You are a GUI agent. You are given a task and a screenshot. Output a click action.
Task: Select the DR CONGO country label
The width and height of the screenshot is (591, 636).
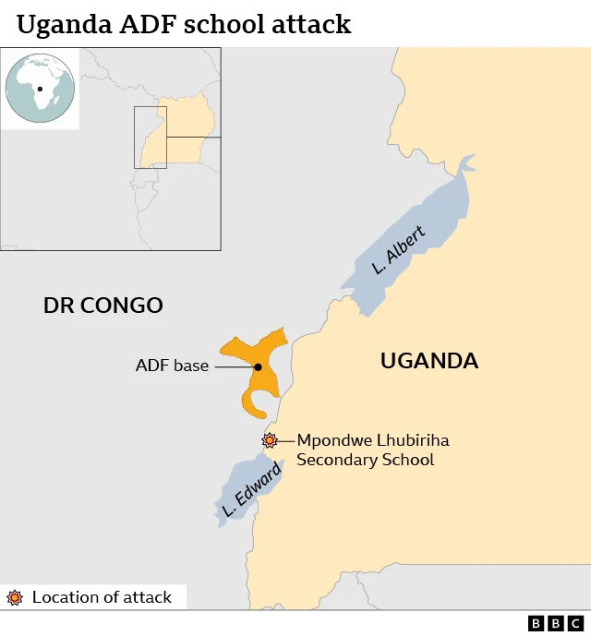[103, 306]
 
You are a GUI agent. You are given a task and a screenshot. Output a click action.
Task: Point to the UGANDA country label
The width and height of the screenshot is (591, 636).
[429, 361]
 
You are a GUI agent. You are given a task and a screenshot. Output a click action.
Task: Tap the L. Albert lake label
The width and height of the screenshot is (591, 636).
[399, 251]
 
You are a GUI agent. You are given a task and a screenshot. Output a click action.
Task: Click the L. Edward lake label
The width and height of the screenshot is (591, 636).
[251, 491]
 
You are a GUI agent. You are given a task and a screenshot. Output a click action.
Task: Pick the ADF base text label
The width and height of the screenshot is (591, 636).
[172, 366]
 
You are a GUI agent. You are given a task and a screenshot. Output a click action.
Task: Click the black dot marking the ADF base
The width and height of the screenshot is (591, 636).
[259, 367]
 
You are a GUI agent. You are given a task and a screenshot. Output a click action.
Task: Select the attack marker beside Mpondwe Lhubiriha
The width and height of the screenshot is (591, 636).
[270, 440]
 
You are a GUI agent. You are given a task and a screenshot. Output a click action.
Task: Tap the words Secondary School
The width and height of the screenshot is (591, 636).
[365, 460]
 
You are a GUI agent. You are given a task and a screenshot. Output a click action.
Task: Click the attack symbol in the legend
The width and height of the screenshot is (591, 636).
[15, 597]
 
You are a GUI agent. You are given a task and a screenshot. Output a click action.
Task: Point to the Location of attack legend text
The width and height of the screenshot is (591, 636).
[102, 597]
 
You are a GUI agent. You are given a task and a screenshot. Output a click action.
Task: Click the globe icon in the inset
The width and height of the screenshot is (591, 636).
[39, 88]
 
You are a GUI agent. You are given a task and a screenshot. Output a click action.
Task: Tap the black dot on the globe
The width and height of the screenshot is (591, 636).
[41, 90]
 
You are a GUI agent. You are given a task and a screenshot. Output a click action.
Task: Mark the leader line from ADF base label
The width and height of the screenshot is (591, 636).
[234, 366]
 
